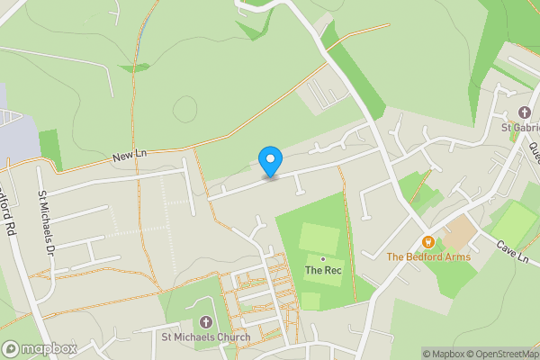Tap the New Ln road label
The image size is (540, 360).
(130, 157)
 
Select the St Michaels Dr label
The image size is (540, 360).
(46, 220)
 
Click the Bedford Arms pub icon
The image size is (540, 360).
(428, 241)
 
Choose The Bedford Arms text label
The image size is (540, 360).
(428, 256)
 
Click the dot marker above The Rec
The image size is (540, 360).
(322, 258)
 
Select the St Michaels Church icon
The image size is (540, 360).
(205, 322)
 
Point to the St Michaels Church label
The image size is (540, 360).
(205, 337)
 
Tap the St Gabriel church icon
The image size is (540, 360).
(524, 113)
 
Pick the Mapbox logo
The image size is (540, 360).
(39, 348)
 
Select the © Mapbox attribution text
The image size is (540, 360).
(444, 354)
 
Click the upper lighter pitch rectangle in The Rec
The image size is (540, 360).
(319, 238)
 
